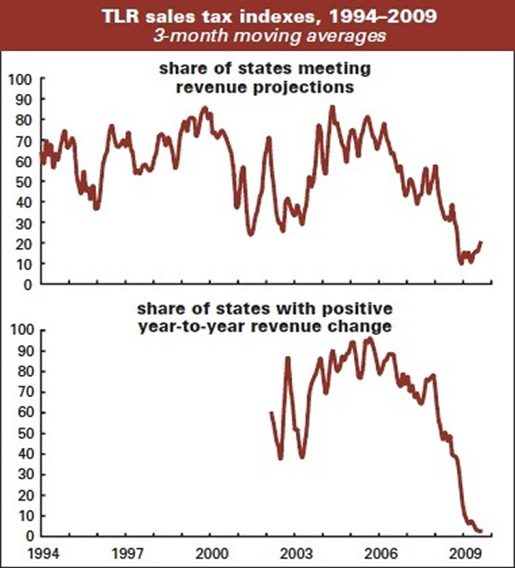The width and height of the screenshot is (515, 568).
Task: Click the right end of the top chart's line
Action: point(481,241)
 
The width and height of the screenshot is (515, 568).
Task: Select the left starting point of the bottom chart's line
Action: point(272,412)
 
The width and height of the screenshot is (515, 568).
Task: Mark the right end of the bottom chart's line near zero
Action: point(481,532)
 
